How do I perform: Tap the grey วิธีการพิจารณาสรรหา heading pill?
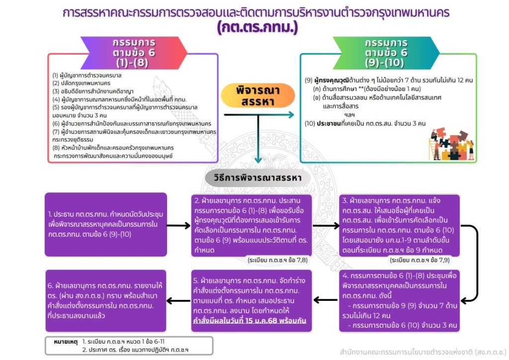click(x=257, y=178)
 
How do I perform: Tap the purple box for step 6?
click(x=105, y=300)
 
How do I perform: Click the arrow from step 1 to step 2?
click(x=180, y=225)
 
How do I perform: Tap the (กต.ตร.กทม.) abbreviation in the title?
click(x=257, y=27)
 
